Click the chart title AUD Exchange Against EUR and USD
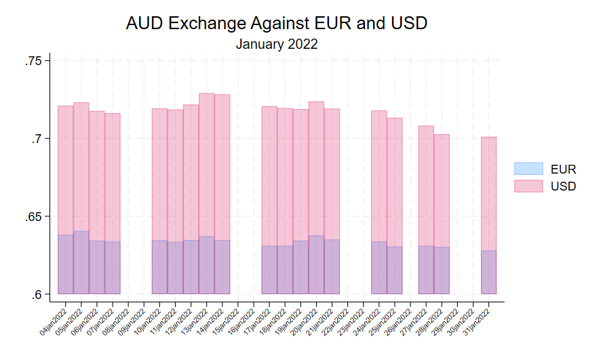click(x=277, y=23)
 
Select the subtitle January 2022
click(x=277, y=44)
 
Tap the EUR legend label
click(x=563, y=169)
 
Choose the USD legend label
click(x=563, y=186)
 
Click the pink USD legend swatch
click(x=528, y=186)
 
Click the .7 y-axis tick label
click(x=37, y=139)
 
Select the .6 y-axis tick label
click(x=37, y=294)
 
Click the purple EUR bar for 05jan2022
click(x=81, y=262)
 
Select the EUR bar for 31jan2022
click(x=488, y=272)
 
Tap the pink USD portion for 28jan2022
click(x=442, y=191)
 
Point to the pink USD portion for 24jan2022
click(x=379, y=176)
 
